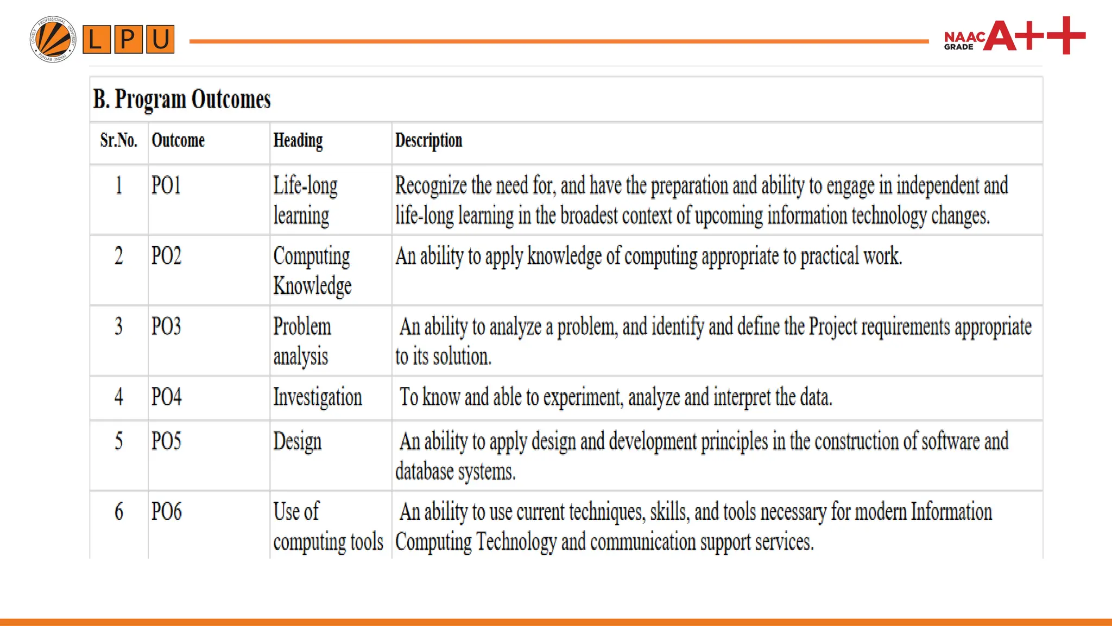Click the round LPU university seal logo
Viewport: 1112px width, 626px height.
pyautogui.click(x=53, y=39)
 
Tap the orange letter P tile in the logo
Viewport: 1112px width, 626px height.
pyautogui.click(x=128, y=39)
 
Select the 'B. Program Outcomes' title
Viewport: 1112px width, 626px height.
pyautogui.click(x=182, y=99)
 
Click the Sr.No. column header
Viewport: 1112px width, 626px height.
pyautogui.click(x=118, y=141)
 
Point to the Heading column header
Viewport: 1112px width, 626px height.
pyautogui.click(x=298, y=141)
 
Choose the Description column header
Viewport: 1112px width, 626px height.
pyautogui.click(x=428, y=141)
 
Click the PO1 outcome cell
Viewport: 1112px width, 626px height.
pyautogui.click(x=166, y=185)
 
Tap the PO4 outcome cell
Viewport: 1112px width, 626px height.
pyautogui.click(x=166, y=397)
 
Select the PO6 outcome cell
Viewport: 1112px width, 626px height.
pyautogui.click(x=166, y=511)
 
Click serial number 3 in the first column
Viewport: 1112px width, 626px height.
pyautogui.click(x=118, y=327)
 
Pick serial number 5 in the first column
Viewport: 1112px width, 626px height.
pyautogui.click(x=118, y=441)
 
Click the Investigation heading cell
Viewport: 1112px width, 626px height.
pyautogui.click(x=318, y=397)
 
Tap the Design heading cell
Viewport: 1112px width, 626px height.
pyautogui.click(x=298, y=441)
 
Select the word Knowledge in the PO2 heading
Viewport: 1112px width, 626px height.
pyautogui.click(x=312, y=286)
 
